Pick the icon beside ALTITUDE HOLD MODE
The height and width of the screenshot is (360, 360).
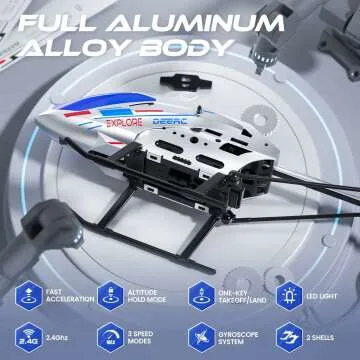pos(108,295)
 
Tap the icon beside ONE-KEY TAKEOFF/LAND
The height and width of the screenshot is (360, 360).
pos(200,295)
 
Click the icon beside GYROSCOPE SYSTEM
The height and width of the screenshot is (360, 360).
pos(200,338)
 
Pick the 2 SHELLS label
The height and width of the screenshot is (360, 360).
pos(324,338)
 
